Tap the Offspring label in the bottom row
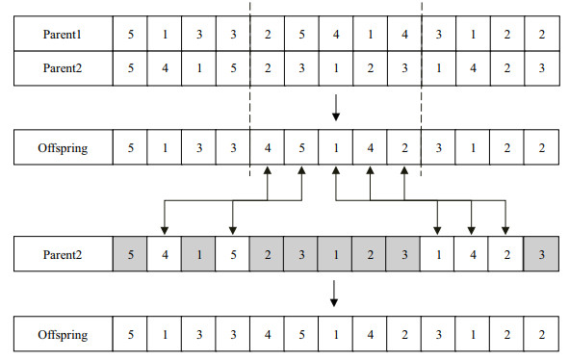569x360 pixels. pyautogui.click(x=63, y=336)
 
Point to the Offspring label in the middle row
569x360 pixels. pyautogui.click(x=63, y=149)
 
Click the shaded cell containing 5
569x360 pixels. pyautogui.click(x=130, y=256)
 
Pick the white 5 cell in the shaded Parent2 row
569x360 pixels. pyautogui.click(x=232, y=256)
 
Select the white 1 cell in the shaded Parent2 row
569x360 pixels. pyautogui.click(x=438, y=256)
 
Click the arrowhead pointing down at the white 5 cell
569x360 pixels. pyautogui.click(x=232, y=231)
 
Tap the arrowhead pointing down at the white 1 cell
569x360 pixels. pyautogui.click(x=438, y=231)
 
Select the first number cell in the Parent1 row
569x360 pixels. pyautogui.click(x=130, y=35)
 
